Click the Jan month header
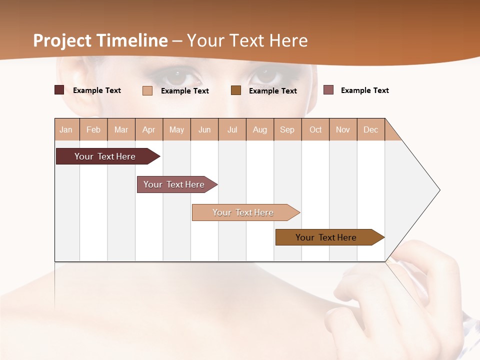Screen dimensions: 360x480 point(66,129)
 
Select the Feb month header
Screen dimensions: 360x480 point(93,129)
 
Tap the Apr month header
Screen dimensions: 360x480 point(149,129)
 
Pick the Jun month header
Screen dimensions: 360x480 point(204,129)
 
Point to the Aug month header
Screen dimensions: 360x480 point(260,129)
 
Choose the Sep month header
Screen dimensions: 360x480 point(287,129)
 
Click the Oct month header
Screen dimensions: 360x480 point(315,129)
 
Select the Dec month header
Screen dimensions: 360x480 point(371,129)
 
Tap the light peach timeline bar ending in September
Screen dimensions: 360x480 point(243,212)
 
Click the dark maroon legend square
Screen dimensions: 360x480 point(59,90)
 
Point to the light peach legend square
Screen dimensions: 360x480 point(147,90)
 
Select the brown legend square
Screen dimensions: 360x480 point(236,90)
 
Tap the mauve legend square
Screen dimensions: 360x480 point(328,90)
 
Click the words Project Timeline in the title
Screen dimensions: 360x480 point(100,40)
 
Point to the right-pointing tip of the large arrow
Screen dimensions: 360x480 point(438,190)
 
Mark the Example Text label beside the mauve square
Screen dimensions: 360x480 point(364,90)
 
